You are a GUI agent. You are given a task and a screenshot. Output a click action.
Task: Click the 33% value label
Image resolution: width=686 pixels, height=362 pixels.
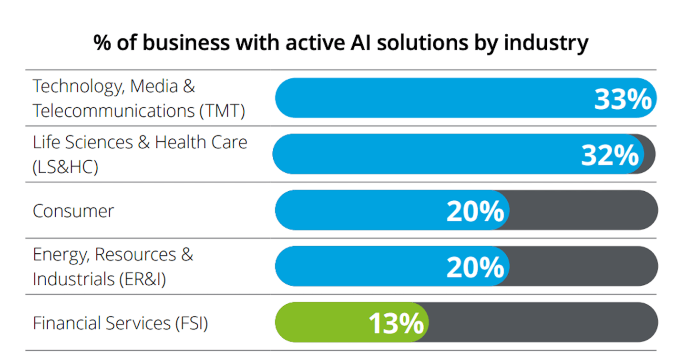(623, 99)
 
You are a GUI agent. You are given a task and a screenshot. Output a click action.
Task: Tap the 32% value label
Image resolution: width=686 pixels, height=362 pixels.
(610, 155)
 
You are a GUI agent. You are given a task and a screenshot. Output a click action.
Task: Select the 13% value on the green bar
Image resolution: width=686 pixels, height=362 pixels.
(396, 323)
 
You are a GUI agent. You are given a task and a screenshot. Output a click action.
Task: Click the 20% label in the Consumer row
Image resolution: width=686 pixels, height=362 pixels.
(475, 211)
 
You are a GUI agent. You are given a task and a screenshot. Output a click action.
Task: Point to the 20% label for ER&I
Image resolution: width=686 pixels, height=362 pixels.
(475, 267)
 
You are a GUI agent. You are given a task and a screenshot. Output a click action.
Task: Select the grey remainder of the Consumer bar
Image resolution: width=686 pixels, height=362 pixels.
(582, 210)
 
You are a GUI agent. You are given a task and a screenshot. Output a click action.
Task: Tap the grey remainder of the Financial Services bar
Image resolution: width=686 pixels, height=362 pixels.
(543, 322)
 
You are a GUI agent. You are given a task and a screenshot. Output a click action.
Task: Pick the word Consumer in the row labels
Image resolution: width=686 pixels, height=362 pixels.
(73, 211)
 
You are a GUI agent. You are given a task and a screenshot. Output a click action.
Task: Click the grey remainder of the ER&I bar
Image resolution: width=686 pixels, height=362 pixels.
(582, 266)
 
